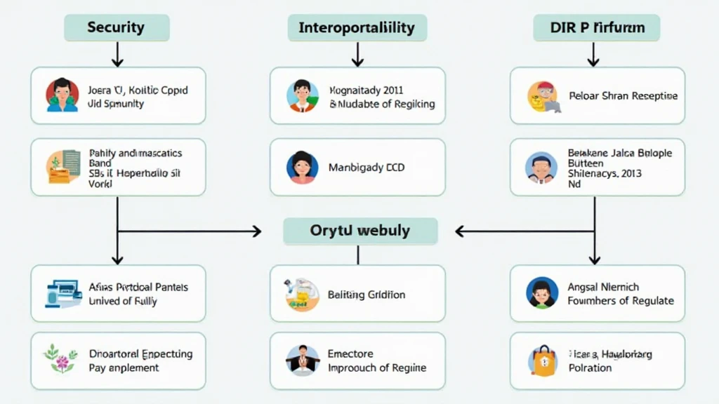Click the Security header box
pyautogui.click(x=117, y=28)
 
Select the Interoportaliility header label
pyautogui.click(x=357, y=28)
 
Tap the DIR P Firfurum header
pyautogui.click(x=596, y=28)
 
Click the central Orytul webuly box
pyautogui.click(x=360, y=231)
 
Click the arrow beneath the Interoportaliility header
pyautogui.click(x=357, y=55)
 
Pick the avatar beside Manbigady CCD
pyautogui.click(x=303, y=168)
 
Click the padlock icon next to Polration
pyautogui.click(x=542, y=361)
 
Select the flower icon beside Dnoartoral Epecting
pyautogui.click(x=60, y=357)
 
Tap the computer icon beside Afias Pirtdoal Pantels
pyautogui.click(x=63, y=293)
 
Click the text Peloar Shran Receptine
pyautogui.click(x=623, y=96)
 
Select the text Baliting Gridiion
pyautogui.click(x=367, y=295)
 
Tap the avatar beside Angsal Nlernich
pyautogui.click(x=542, y=293)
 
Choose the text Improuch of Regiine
pyautogui.click(x=376, y=368)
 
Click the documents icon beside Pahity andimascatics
pyautogui.click(x=62, y=166)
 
